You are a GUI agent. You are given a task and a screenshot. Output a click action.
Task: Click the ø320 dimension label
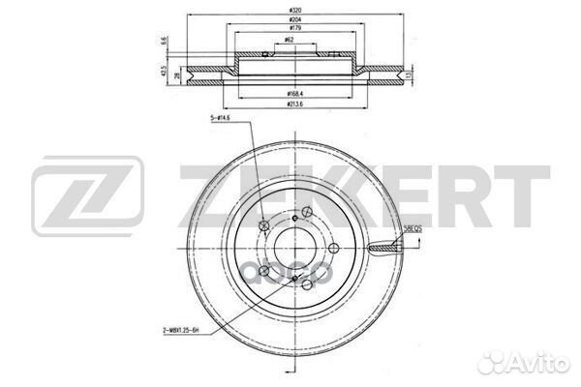(290, 9)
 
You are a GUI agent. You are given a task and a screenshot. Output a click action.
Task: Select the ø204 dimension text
(290, 20)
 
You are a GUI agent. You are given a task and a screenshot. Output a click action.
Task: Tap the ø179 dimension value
(290, 31)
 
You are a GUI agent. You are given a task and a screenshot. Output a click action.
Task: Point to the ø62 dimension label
(290, 41)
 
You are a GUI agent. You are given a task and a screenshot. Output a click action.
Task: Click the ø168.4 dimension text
(290, 92)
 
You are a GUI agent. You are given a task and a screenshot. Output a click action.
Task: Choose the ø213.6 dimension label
(290, 103)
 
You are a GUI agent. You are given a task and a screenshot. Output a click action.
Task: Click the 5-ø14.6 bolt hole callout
(221, 118)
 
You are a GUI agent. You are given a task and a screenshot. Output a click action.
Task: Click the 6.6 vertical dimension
(166, 42)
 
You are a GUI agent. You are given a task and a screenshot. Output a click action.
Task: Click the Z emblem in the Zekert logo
(88, 199)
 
